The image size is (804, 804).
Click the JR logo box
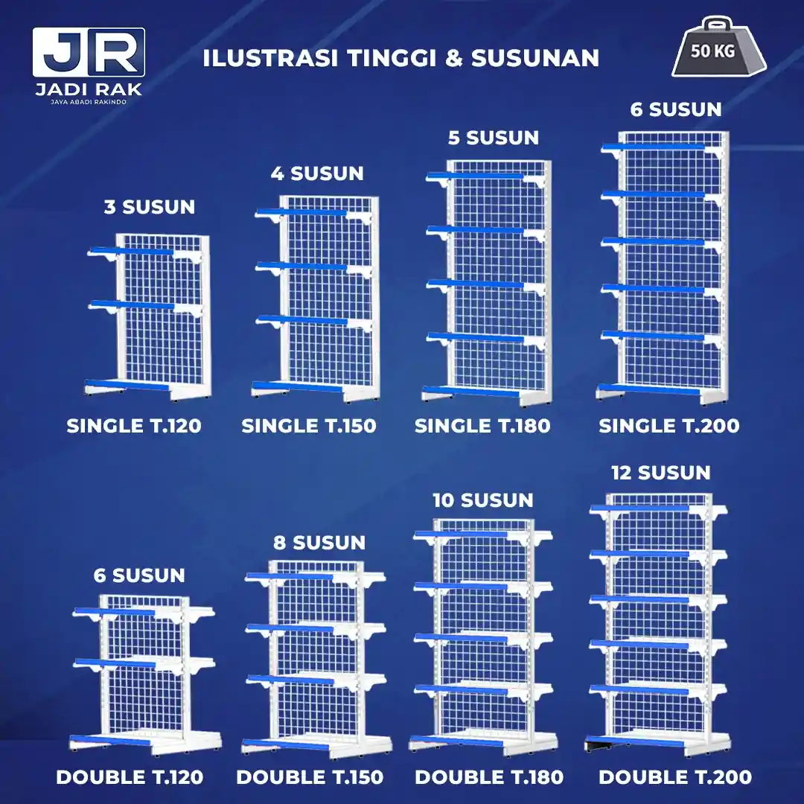[89, 52]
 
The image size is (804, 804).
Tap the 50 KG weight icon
[719, 47]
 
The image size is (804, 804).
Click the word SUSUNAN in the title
[535, 58]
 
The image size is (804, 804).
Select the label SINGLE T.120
[134, 426]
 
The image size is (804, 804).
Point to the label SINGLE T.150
[309, 426]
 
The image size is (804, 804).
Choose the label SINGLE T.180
[482, 426]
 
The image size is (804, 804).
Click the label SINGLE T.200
[669, 426]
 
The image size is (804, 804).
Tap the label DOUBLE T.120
[130, 777]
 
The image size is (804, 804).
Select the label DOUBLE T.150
[310, 777]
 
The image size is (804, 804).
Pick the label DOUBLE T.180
[489, 777]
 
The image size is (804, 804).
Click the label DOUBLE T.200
[675, 777]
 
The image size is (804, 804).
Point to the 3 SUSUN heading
[150, 207]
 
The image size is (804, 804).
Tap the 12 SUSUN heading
[661, 473]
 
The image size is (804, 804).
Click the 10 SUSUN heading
[483, 500]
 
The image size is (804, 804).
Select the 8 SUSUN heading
[319, 543]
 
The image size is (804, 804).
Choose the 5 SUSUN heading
[494, 138]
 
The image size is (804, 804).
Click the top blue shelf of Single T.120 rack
[133, 252]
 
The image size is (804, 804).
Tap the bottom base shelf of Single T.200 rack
[648, 389]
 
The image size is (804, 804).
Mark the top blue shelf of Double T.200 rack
[640, 508]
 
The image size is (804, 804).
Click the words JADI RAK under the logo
[89, 89]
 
